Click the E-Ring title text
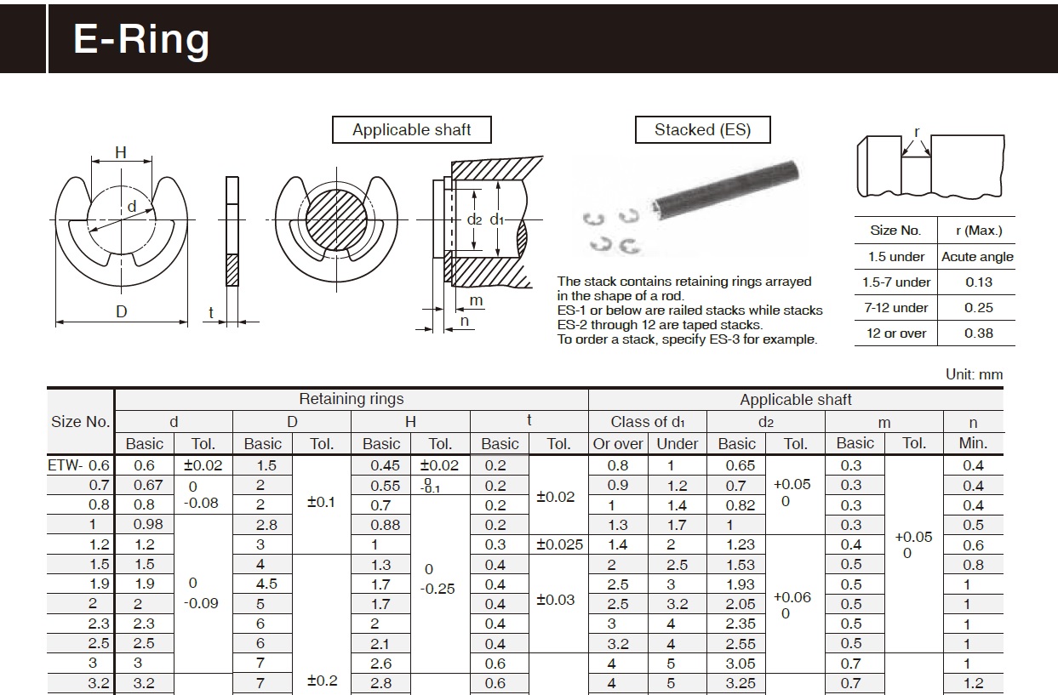pyautogui.click(x=141, y=39)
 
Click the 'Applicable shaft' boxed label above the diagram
pyautogui.click(x=412, y=130)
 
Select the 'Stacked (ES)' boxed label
pyautogui.click(x=702, y=130)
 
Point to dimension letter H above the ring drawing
pyautogui.click(x=121, y=153)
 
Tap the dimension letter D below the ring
pyautogui.click(x=122, y=312)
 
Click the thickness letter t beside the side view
pyautogui.click(x=211, y=313)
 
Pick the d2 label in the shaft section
pyautogui.click(x=474, y=219)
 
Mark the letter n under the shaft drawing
pyautogui.click(x=465, y=322)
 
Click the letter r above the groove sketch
pyautogui.click(x=917, y=132)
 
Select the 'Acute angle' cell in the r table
pyautogui.click(x=977, y=257)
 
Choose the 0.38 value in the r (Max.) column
pyautogui.click(x=978, y=333)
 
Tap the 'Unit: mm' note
pyautogui.click(x=974, y=374)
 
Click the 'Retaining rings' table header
pyautogui.click(x=351, y=399)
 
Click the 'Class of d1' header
pyautogui.click(x=647, y=421)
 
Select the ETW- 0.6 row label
pyautogui.click(x=80, y=465)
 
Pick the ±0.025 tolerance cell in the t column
pyautogui.click(x=558, y=544)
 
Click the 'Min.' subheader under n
pyautogui.click(x=973, y=443)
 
